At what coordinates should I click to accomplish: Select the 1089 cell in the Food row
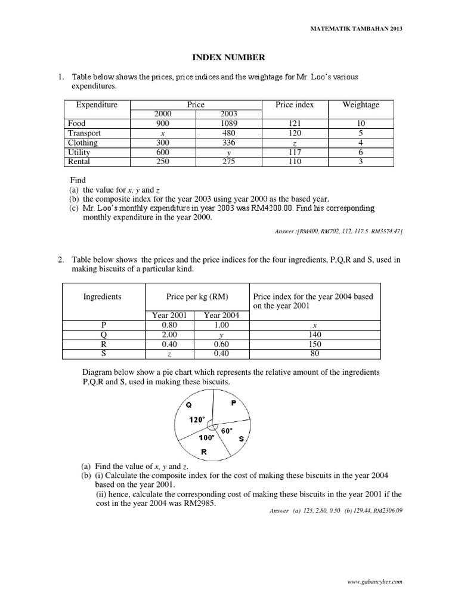228,124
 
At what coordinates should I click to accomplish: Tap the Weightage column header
360,105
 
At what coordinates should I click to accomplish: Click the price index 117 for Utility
295,152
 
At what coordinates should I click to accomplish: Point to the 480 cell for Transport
228,133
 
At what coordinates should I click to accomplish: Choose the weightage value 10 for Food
360,124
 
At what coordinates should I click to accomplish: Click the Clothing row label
83,143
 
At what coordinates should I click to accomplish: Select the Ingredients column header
103,297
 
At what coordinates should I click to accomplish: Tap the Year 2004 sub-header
221,316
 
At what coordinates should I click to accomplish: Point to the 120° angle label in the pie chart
196,419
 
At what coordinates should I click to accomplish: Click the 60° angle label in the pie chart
227,430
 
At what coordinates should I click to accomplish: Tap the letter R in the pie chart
204,452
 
